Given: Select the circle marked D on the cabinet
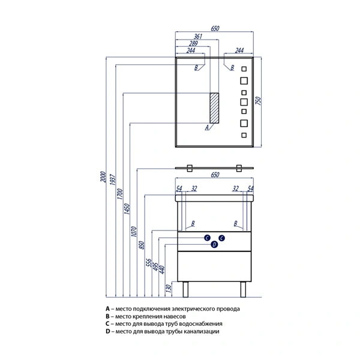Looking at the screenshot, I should (214, 244).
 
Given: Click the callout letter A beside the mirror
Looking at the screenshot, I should (206, 128).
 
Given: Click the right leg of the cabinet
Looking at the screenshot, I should (244, 289).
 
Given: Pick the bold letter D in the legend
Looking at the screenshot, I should (106, 331).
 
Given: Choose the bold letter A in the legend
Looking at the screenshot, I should (106, 308).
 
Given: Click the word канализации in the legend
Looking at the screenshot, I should (202, 331).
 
